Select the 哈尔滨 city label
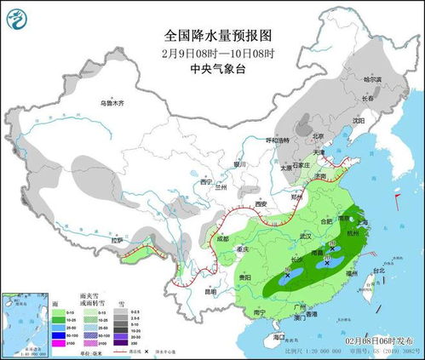click(373, 79)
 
